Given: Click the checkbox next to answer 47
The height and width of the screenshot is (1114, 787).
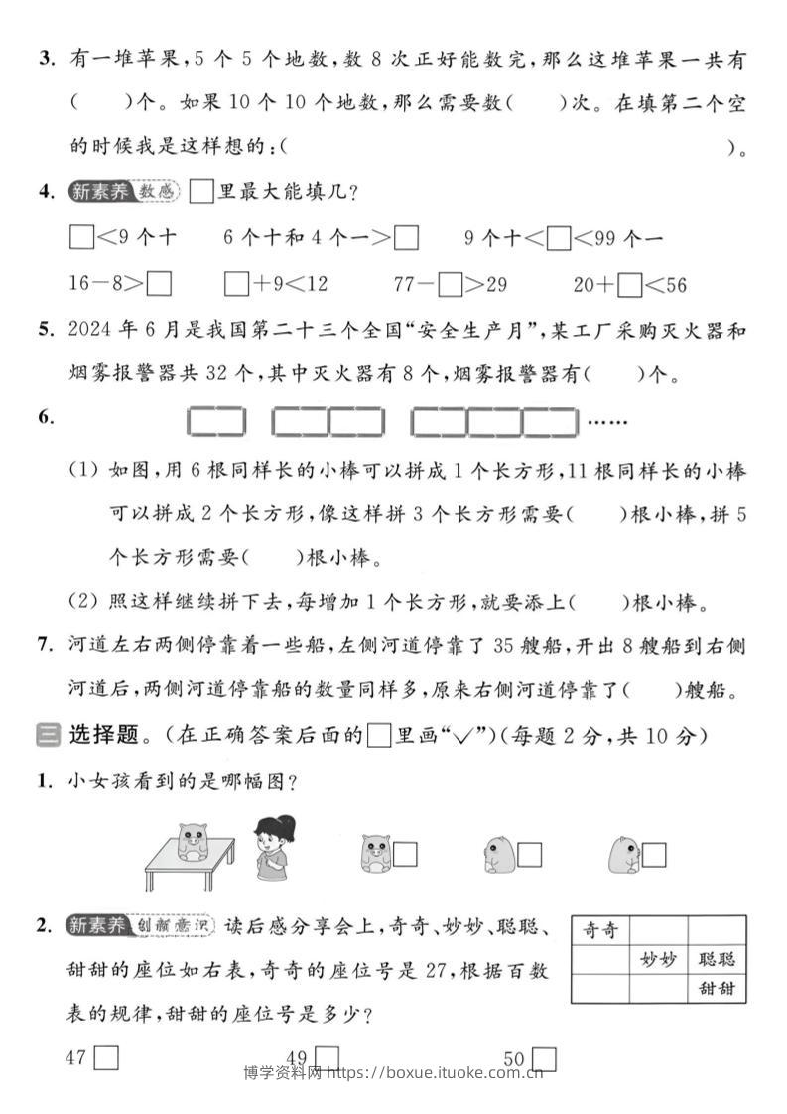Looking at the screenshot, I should [x=106, y=1058].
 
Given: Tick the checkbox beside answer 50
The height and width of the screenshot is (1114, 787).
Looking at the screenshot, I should [x=543, y=1059].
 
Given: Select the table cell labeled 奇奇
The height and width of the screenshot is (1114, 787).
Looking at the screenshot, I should [x=600, y=930].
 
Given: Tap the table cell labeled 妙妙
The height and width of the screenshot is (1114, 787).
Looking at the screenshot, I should [x=658, y=959].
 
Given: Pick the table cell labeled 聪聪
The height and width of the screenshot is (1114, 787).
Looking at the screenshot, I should [x=716, y=959].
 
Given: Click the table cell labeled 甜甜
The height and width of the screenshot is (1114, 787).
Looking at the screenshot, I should [x=716, y=988].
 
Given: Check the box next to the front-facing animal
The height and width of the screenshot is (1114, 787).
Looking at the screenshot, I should [x=404, y=854].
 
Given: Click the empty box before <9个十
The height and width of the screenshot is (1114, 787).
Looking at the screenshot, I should [x=81, y=238].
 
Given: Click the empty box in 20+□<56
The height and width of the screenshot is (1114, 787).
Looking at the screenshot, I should [x=629, y=285].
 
